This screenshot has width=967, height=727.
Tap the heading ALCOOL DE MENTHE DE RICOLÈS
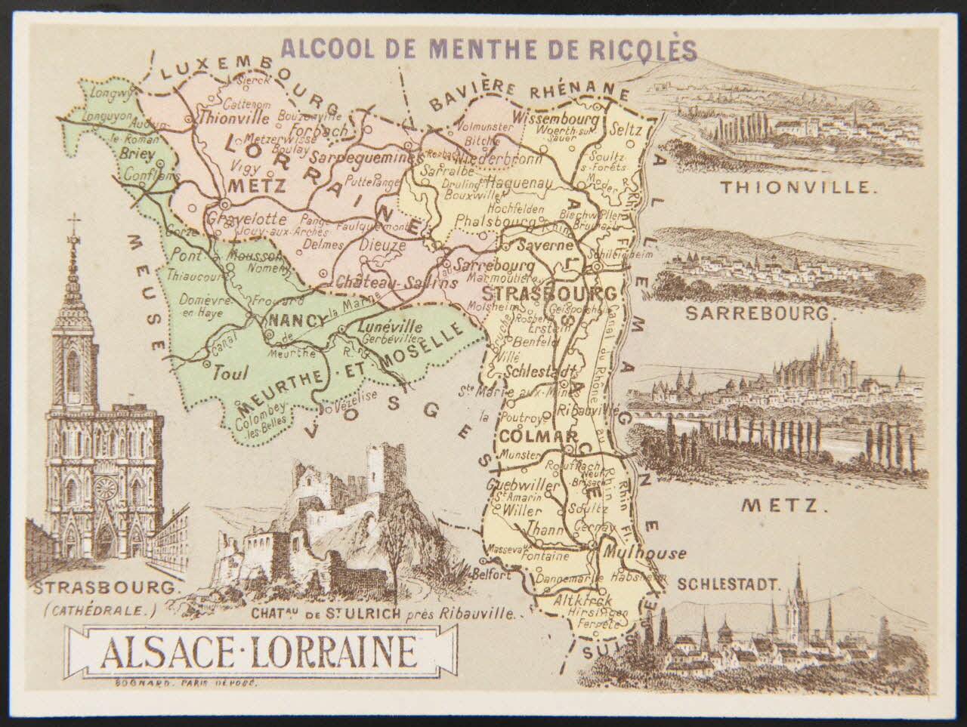tap(488, 49)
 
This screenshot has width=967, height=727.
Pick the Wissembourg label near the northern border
tap(555, 119)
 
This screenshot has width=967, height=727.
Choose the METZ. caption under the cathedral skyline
tap(780, 504)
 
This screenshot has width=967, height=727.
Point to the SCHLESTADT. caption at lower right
tap(728, 584)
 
